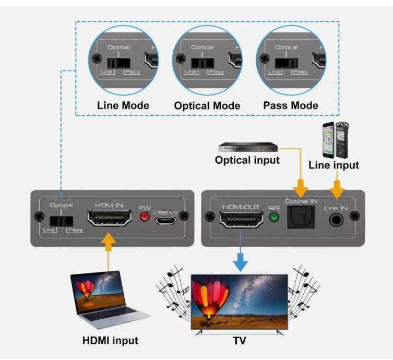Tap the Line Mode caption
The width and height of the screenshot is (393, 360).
tap(123, 105)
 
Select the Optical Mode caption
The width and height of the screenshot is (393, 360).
tap(207, 105)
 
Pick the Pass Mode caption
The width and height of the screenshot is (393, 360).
tap(291, 105)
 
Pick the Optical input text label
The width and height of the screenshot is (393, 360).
tap(247, 160)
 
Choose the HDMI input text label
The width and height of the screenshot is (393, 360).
tap(110, 341)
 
